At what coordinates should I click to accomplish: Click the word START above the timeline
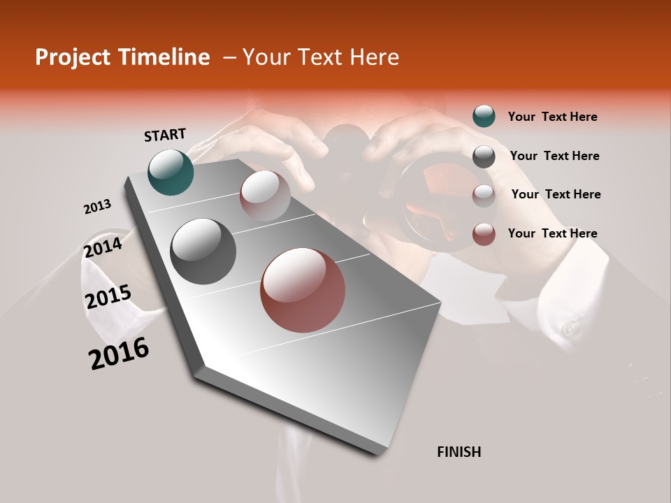(165, 135)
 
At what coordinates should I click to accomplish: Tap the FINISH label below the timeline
(459, 452)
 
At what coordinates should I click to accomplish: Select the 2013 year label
(97, 207)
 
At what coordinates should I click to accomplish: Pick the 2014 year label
(103, 248)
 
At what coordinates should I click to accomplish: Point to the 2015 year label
(108, 297)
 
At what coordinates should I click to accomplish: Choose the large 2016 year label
(119, 353)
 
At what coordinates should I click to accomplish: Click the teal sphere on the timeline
(171, 172)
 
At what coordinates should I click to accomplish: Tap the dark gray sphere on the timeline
(203, 251)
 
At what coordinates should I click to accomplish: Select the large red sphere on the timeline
(303, 290)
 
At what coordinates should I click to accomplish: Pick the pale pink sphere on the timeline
(265, 196)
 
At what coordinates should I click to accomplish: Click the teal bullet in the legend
(484, 117)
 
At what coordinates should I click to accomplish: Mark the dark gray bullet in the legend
(484, 156)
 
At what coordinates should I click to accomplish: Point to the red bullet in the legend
(484, 234)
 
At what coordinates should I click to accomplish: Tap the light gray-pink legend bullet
(484, 196)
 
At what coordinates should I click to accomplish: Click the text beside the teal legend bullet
(552, 117)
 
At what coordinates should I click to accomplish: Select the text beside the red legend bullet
(552, 233)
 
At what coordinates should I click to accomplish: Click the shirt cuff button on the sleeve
(572, 327)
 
